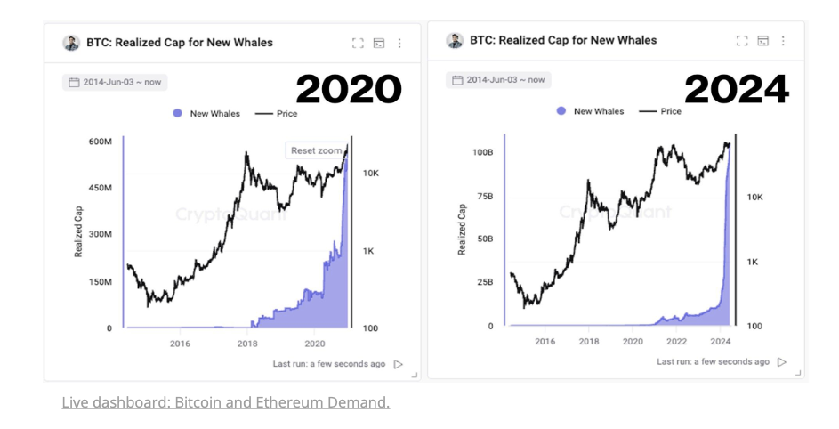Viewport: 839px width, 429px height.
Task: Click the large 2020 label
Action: click(x=349, y=89)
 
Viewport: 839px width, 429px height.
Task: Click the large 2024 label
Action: click(x=736, y=89)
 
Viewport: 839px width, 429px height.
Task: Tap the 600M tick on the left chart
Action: click(x=100, y=142)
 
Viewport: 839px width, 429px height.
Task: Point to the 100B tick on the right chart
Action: click(x=481, y=152)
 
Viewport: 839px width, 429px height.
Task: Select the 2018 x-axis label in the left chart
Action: click(x=247, y=344)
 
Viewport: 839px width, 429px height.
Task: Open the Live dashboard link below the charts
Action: click(x=225, y=402)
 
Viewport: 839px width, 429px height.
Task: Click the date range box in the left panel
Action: click(x=115, y=82)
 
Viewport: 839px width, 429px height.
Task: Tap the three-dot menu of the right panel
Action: click(x=783, y=41)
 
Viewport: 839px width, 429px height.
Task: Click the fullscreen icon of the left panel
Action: click(x=358, y=43)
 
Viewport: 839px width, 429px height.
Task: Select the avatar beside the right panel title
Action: click(x=455, y=40)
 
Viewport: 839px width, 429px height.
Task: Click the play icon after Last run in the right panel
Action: click(x=782, y=362)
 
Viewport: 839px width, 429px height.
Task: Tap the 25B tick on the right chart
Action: click(x=484, y=282)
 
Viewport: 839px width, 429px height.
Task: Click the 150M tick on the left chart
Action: click(x=100, y=282)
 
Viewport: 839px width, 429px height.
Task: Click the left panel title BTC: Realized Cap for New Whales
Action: click(x=179, y=43)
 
